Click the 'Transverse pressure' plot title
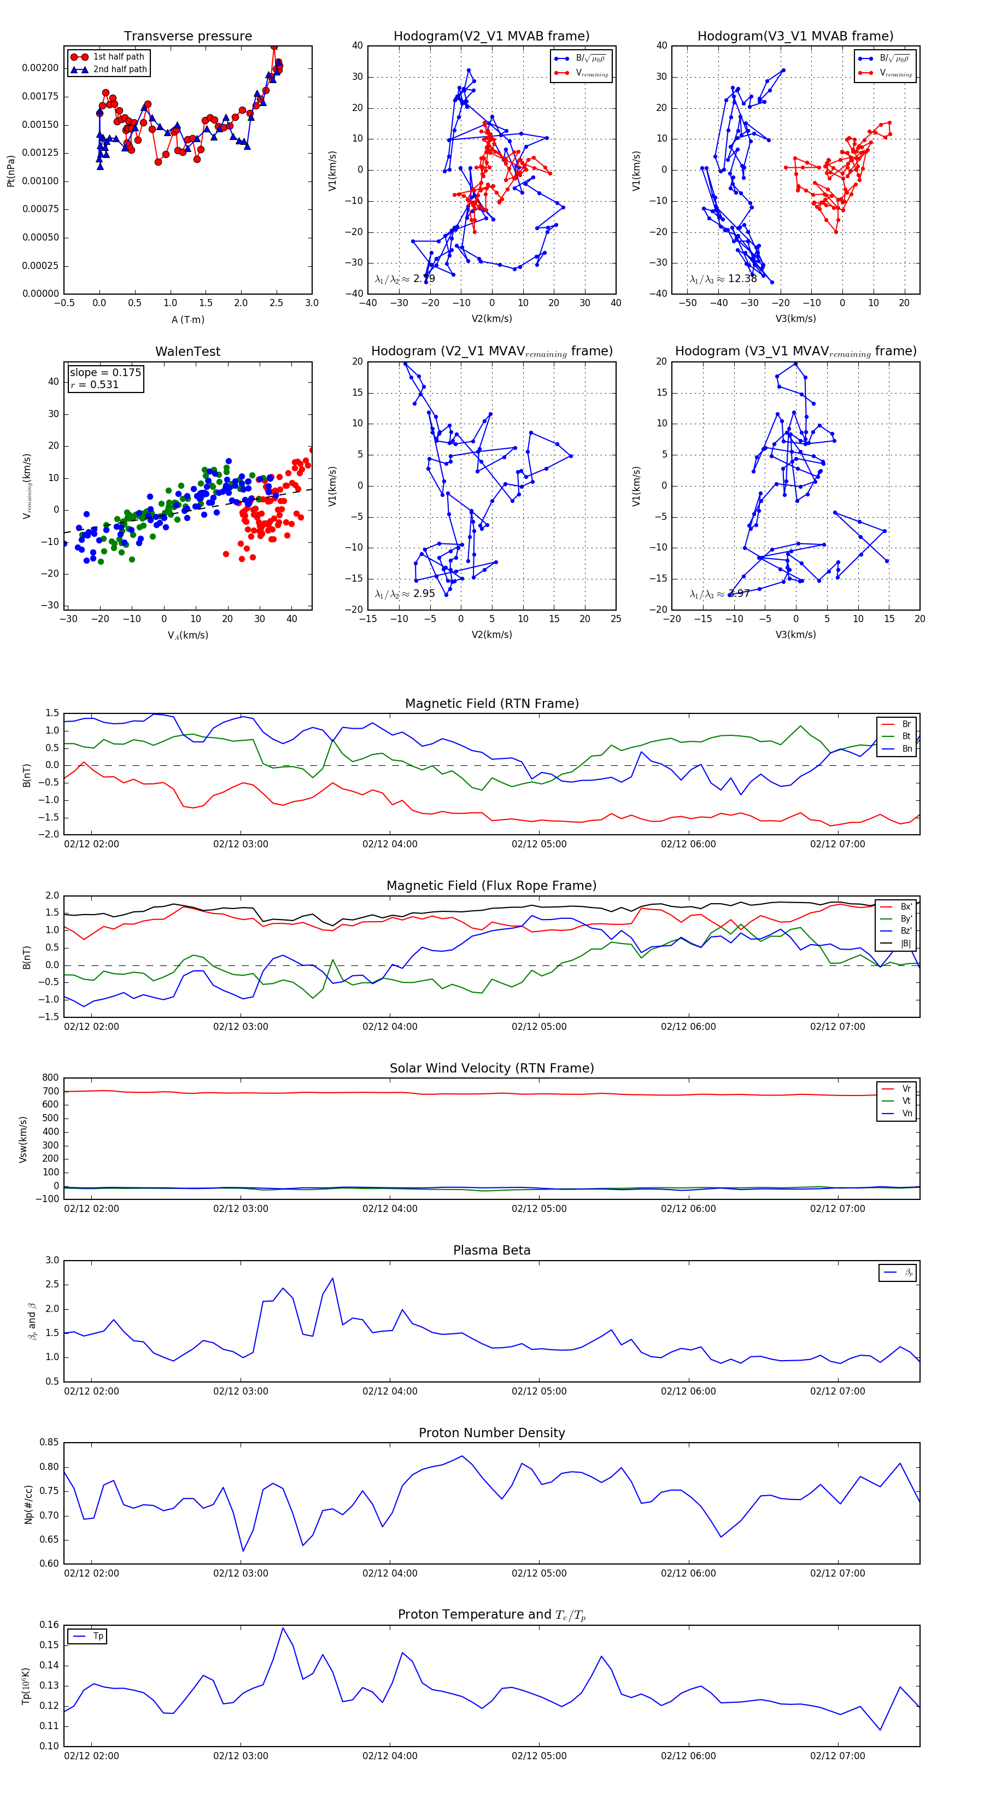(x=188, y=37)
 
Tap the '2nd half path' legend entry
(x=120, y=69)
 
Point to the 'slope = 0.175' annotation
(x=105, y=373)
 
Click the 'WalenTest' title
(x=188, y=352)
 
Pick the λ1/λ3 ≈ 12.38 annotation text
(x=723, y=279)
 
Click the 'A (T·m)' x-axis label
(x=188, y=319)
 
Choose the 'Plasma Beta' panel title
(x=491, y=1250)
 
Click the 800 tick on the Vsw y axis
(x=50, y=1078)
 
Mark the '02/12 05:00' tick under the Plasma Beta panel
(x=538, y=1391)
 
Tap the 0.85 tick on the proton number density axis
(x=49, y=1443)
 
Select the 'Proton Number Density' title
(x=491, y=1433)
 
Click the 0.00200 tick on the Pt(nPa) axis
(x=40, y=68)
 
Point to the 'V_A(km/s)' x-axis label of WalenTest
(x=188, y=635)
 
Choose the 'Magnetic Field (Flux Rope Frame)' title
(x=491, y=886)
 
